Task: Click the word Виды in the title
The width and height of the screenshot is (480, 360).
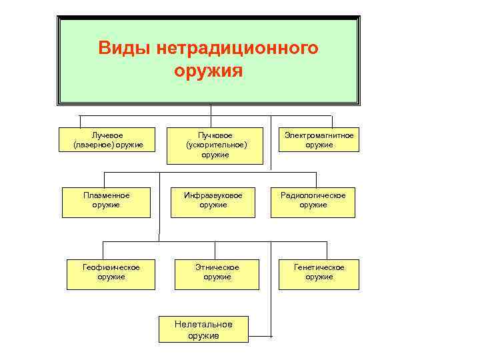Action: (125, 49)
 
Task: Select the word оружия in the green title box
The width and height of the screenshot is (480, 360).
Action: (209, 70)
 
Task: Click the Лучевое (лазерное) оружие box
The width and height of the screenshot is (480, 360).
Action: (107, 140)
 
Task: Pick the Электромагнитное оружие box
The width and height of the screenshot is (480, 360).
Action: (319, 140)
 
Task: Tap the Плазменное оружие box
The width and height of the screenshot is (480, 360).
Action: (107, 200)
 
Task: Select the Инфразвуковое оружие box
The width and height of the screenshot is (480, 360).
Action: (213, 200)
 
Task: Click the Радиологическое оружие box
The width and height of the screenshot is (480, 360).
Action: (313, 200)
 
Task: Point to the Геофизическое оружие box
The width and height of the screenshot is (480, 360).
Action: (111, 273)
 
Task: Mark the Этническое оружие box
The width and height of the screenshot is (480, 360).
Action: (217, 273)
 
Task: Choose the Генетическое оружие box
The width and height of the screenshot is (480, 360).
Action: (319, 273)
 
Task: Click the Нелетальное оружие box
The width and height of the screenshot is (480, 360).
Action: (203, 329)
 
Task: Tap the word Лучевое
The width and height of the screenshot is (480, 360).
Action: (107, 135)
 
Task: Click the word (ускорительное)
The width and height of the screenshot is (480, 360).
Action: (217, 145)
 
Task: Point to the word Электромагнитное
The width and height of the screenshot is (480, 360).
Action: (319, 135)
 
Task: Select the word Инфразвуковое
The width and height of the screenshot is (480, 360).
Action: (213, 195)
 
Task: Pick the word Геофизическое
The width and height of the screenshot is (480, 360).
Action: (111, 267)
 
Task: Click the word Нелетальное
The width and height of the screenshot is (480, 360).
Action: (203, 325)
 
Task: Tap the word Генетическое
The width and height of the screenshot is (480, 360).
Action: (319, 267)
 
